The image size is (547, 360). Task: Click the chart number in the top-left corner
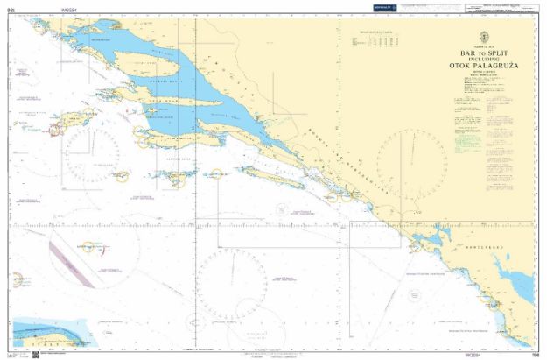tap(11, 6)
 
